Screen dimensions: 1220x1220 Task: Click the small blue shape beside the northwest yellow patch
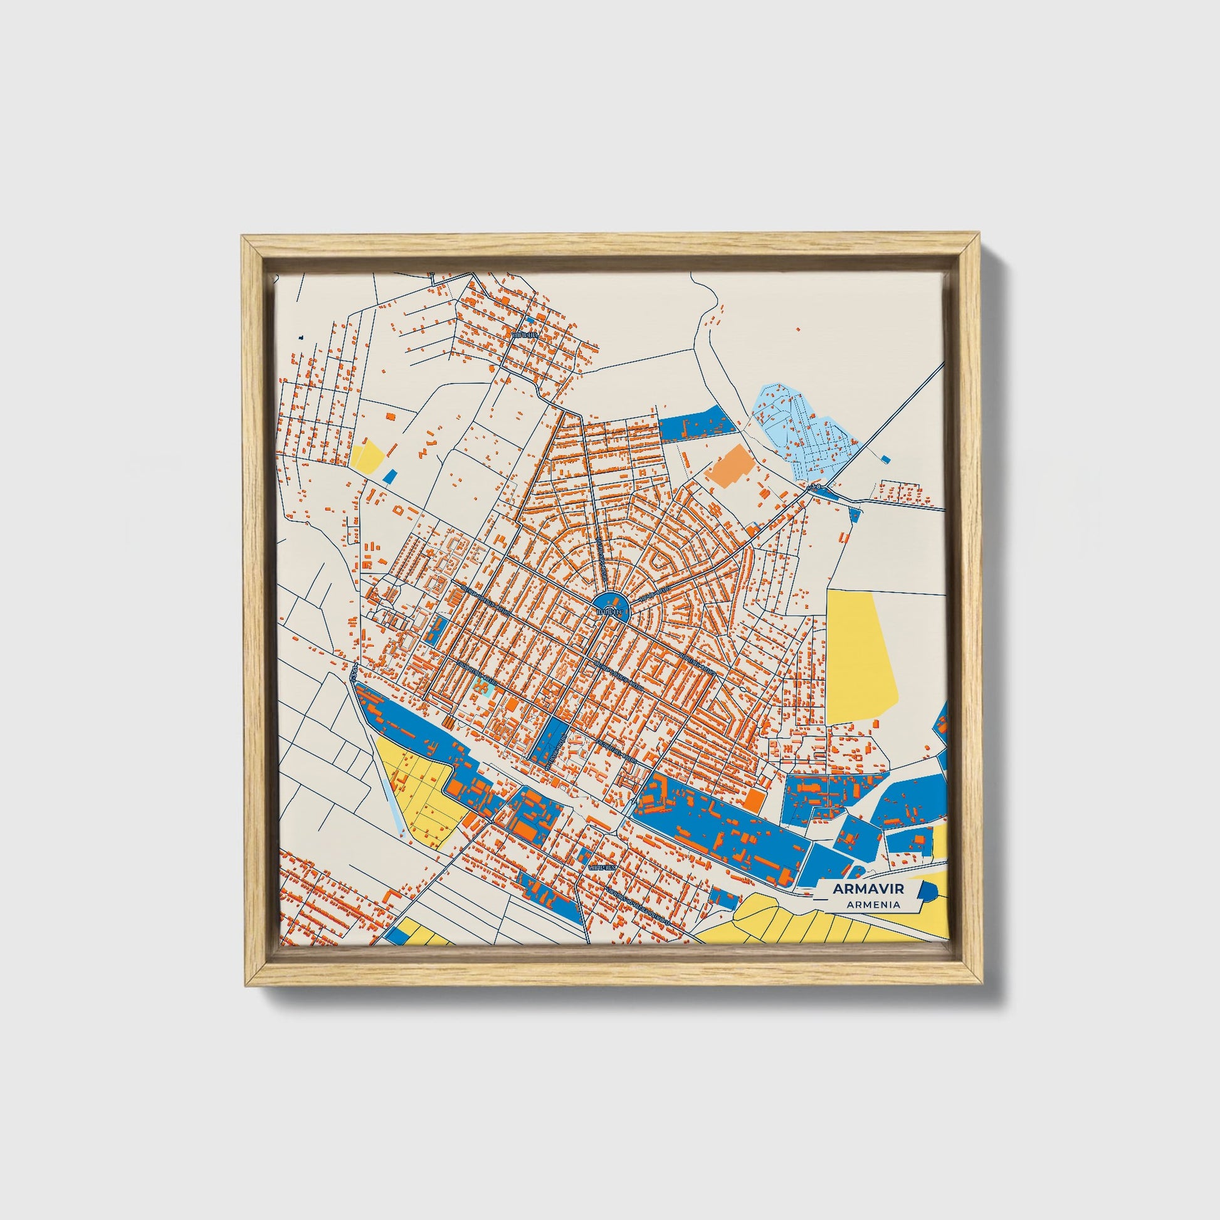(x=391, y=476)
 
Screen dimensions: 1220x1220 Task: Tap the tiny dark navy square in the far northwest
(x=302, y=338)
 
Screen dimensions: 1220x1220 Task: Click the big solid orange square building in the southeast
(x=752, y=799)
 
